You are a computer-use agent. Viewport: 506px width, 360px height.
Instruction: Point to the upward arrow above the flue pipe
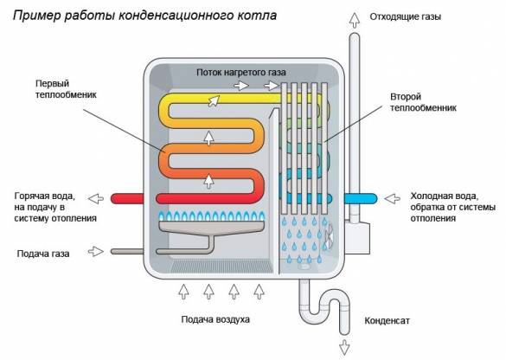point(352,17)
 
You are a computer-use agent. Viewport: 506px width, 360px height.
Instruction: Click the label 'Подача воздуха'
point(215,318)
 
